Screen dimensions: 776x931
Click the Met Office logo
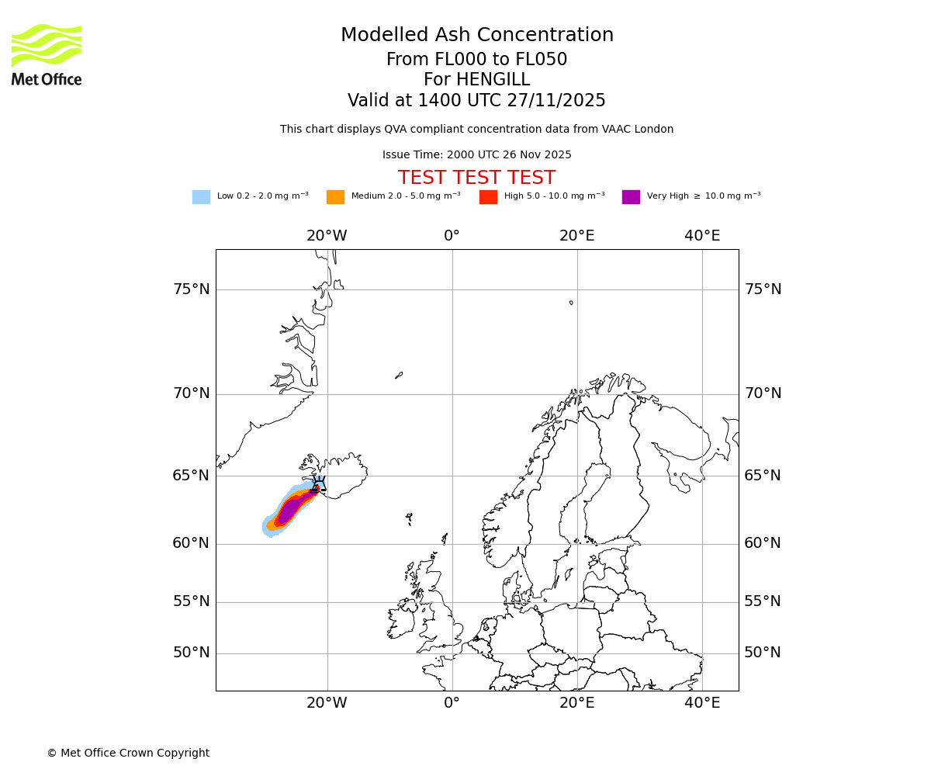(47, 54)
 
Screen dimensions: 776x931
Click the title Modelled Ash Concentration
(476, 36)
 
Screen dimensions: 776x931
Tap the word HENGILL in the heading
(493, 80)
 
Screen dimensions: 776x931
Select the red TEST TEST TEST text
(476, 178)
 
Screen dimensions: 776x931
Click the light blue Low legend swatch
(201, 197)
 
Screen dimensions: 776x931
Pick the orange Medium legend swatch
(335, 197)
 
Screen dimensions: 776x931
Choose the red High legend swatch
(488, 197)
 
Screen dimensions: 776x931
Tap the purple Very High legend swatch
(631, 197)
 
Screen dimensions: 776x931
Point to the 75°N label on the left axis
(191, 289)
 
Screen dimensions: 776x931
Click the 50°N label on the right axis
(763, 653)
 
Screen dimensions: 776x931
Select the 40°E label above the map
(702, 236)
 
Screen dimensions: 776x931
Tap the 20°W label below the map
(327, 703)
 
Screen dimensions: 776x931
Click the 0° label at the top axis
(452, 236)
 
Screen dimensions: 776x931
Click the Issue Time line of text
(476, 155)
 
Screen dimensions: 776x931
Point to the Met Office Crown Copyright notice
(128, 753)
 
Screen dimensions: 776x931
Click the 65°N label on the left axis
(191, 476)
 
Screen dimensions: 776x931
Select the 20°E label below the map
(576, 703)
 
